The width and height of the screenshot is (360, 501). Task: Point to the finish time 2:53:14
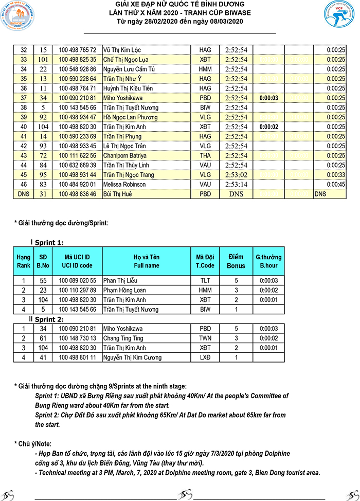[237, 185]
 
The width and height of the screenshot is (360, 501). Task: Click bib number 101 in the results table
[43, 60]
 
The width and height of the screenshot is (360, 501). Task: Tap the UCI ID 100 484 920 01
[77, 185]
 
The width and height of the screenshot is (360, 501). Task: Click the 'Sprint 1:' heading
[49, 242]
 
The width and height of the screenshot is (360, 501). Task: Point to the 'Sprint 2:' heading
[49, 319]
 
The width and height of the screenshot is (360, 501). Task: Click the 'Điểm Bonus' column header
[236, 261]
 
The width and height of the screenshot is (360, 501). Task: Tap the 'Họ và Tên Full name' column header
[147, 261]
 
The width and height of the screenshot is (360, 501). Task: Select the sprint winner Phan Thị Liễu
[124, 281]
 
